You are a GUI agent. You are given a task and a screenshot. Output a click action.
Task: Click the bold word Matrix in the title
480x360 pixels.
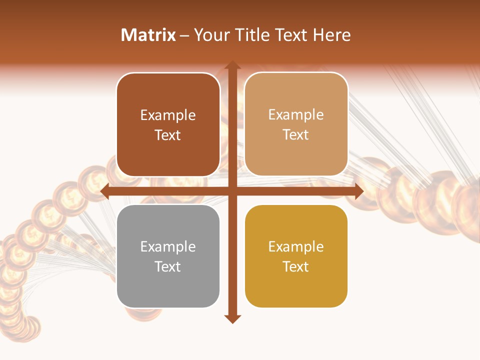click(148, 35)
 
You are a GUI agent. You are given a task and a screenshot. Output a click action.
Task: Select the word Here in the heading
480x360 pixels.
click(332, 35)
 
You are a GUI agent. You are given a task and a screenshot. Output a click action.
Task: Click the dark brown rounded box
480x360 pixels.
click(168, 125)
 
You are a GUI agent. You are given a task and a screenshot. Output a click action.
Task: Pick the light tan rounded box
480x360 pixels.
click(296, 124)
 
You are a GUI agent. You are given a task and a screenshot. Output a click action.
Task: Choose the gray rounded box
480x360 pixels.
click(168, 256)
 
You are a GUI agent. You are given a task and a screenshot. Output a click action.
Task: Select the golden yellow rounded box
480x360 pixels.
click(296, 256)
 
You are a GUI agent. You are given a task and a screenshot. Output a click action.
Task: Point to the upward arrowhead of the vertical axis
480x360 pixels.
click(232, 65)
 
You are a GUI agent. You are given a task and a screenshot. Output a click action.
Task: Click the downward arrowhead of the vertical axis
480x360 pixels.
click(232, 319)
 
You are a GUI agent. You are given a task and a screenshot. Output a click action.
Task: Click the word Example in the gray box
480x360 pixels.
click(168, 246)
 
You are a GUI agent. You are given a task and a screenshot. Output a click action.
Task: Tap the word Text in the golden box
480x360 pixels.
click(296, 266)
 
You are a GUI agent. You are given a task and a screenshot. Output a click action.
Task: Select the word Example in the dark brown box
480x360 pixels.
click(168, 115)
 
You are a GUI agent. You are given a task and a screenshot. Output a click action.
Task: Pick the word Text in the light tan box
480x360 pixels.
click(296, 134)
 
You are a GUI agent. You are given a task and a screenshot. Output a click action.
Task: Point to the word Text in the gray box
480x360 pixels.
click(168, 266)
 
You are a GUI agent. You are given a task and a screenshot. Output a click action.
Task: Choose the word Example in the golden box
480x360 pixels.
click(296, 246)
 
